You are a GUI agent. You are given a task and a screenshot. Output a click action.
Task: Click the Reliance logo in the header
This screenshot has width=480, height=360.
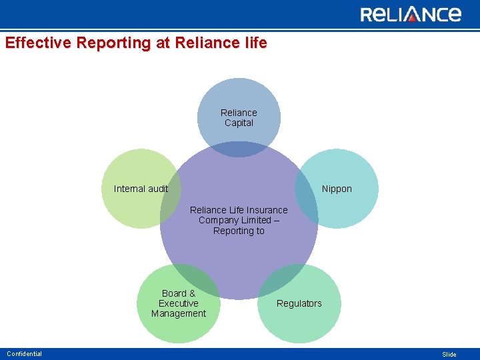tap(411, 14)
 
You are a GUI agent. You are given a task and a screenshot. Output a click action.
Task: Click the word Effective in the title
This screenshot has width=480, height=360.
tap(39, 43)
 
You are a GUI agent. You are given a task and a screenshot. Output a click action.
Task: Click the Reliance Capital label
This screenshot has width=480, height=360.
tap(239, 118)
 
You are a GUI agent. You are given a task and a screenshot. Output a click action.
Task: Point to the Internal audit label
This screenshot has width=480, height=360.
tap(141, 189)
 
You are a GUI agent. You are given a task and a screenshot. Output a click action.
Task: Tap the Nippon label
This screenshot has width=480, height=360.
tap(337, 189)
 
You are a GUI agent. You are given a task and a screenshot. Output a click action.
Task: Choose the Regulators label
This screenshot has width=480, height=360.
tap(299, 303)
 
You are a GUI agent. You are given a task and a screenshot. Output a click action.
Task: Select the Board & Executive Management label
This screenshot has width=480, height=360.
tap(179, 303)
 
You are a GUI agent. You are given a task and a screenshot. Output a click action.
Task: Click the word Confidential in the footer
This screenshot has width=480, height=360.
tap(24, 354)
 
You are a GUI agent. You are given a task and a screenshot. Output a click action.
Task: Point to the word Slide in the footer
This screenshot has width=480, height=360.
tap(449, 355)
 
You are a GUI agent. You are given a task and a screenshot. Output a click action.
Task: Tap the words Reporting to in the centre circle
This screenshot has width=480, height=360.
tap(239, 231)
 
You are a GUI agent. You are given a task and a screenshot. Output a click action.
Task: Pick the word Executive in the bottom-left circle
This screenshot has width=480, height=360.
tap(179, 303)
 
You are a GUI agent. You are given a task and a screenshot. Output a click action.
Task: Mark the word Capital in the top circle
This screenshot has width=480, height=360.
tap(239, 123)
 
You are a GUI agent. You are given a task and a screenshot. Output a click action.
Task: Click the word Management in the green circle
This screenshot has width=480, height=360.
tap(179, 313)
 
